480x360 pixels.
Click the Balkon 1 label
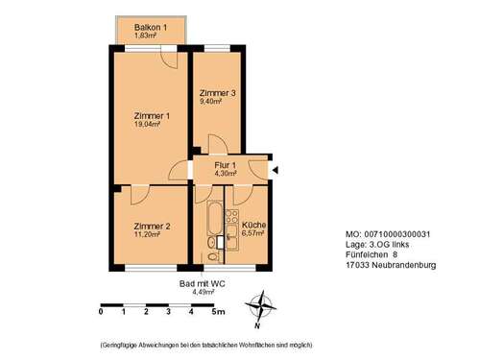tap(151, 27)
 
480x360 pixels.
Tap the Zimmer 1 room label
tap(152, 116)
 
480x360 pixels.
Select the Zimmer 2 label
tap(152, 227)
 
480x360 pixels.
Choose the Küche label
tap(253, 225)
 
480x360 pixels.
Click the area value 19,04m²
tap(152, 125)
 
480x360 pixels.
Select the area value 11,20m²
tap(152, 235)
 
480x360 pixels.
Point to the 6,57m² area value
tap(253, 233)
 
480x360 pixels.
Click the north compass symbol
tap(259, 308)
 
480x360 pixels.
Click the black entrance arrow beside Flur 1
tap(276, 170)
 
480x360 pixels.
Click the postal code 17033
tap(357, 264)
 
